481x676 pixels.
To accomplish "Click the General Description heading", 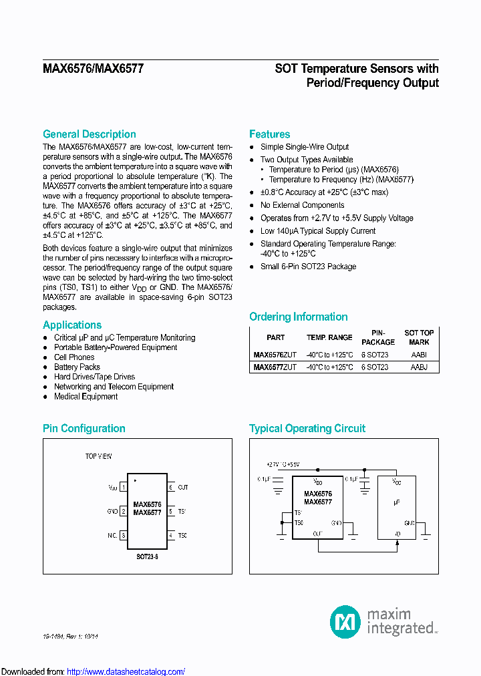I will (x=89, y=134).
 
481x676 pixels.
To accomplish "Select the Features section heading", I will (x=269, y=134).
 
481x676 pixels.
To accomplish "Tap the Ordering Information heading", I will (x=298, y=317).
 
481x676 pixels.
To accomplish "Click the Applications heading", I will (x=72, y=325).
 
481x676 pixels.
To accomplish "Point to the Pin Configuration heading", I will (x=84, y=429).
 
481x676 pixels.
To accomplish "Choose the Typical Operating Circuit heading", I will (x=307, y=429).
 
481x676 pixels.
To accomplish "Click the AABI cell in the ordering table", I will (x=419, y=355).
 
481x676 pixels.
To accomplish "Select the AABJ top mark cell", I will (x=419, y=367).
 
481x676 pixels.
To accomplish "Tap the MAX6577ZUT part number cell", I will (x=275, y=367).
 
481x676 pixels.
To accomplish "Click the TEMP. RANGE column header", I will (x=329, y=338).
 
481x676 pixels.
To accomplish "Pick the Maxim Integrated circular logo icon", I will (x=345, y=621).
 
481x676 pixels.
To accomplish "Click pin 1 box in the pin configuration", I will (x=123, y=488).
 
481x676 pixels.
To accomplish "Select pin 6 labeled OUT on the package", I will (x=171, y=488).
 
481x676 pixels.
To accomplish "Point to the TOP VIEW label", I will (x=98, y=456).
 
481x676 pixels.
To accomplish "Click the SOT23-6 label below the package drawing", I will (x=147, y=556).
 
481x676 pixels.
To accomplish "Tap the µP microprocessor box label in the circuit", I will (x=397, y=499).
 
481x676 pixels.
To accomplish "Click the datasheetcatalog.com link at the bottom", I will (x=126, y=671).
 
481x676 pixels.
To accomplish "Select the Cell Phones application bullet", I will (x=74, y=357).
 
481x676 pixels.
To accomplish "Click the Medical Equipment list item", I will (x=86, y=397).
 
